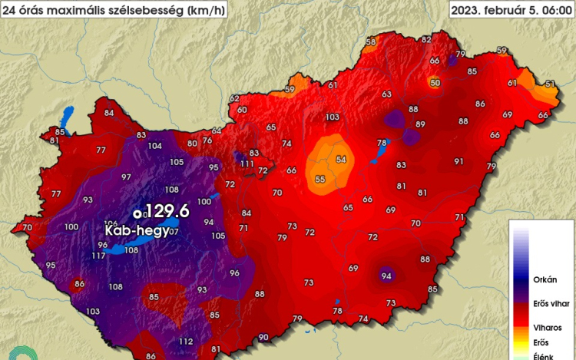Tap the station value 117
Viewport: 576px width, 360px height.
click(x=98, y=256)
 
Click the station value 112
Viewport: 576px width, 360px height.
click(x=186, y=342)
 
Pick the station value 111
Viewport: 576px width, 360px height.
click(x=247, y=163)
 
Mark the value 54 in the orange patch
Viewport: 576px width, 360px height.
click(x=340, y=159)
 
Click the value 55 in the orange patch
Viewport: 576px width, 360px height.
click(x=319, y=179)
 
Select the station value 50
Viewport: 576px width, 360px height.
click(x=435, y=82)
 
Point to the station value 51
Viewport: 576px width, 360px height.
click(x=549, y=84)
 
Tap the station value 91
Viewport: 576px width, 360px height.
click(x=458, y=161)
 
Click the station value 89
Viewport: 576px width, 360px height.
click(x=420, y=124)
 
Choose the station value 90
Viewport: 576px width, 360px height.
click(x=263, y=338)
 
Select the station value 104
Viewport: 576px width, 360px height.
click(x=155, y=146)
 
